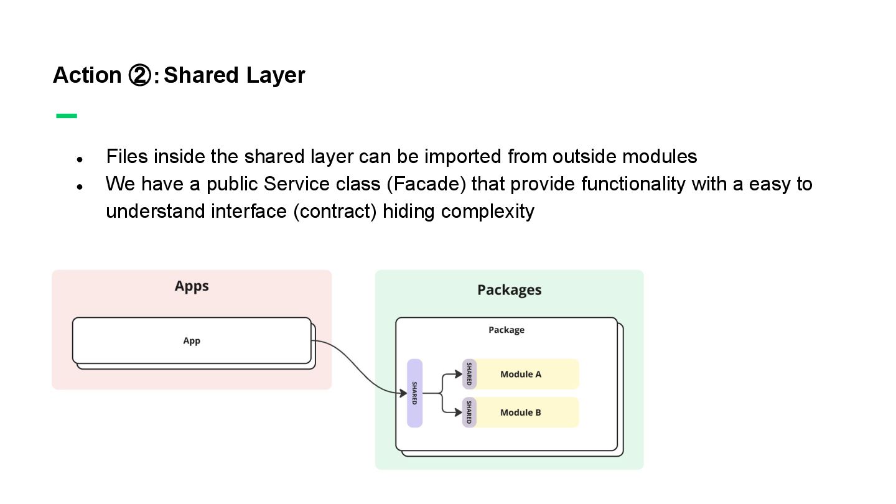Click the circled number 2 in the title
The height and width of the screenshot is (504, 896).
click(139, 75)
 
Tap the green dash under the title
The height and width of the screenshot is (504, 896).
click(67, 116)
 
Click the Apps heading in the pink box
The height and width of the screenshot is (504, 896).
click(192, 286)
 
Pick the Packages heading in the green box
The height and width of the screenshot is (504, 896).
click(509, 290)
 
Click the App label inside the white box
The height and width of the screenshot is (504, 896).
click(192, 341)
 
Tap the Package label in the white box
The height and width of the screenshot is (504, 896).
click(506, 330)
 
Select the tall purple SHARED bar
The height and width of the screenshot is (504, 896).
click(414, 393)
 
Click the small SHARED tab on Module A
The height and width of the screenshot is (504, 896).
click(469, 374)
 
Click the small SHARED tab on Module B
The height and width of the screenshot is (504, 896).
click(469, 413)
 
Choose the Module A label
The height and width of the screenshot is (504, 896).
click(521, 374)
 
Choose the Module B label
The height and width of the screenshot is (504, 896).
click(521, 413)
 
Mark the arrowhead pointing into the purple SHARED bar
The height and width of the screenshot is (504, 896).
click(403, 393)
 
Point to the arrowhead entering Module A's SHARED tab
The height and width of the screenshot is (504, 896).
click(459, 374)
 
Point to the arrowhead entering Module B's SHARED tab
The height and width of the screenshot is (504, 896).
click(459, 412)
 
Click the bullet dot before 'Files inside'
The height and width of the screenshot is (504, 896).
click(80, 159)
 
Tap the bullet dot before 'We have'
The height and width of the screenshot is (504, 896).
click(80, 187)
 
